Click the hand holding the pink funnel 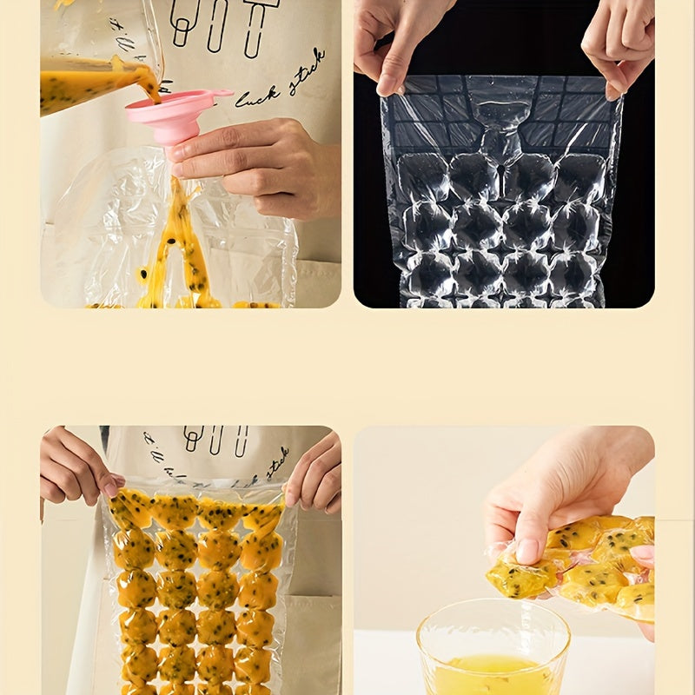[261, 165]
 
